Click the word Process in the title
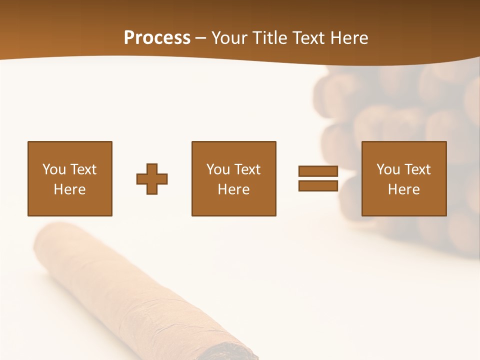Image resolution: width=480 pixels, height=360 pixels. pos(157,38)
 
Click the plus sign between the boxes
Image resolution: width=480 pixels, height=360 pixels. pos(152,179)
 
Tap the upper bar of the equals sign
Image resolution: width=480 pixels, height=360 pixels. pos(318,171)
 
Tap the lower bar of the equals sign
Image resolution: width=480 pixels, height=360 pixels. pos(318,185)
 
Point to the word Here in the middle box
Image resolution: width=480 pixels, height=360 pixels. pos(234,189)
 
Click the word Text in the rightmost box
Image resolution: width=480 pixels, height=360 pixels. pos(417,169)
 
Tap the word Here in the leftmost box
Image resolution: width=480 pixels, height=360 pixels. pos(70,189)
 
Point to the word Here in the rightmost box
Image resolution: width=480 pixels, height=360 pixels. pos(404,189)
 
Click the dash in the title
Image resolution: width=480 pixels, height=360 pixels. pos(201,38)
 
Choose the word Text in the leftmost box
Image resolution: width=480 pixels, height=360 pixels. pos(83,169)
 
